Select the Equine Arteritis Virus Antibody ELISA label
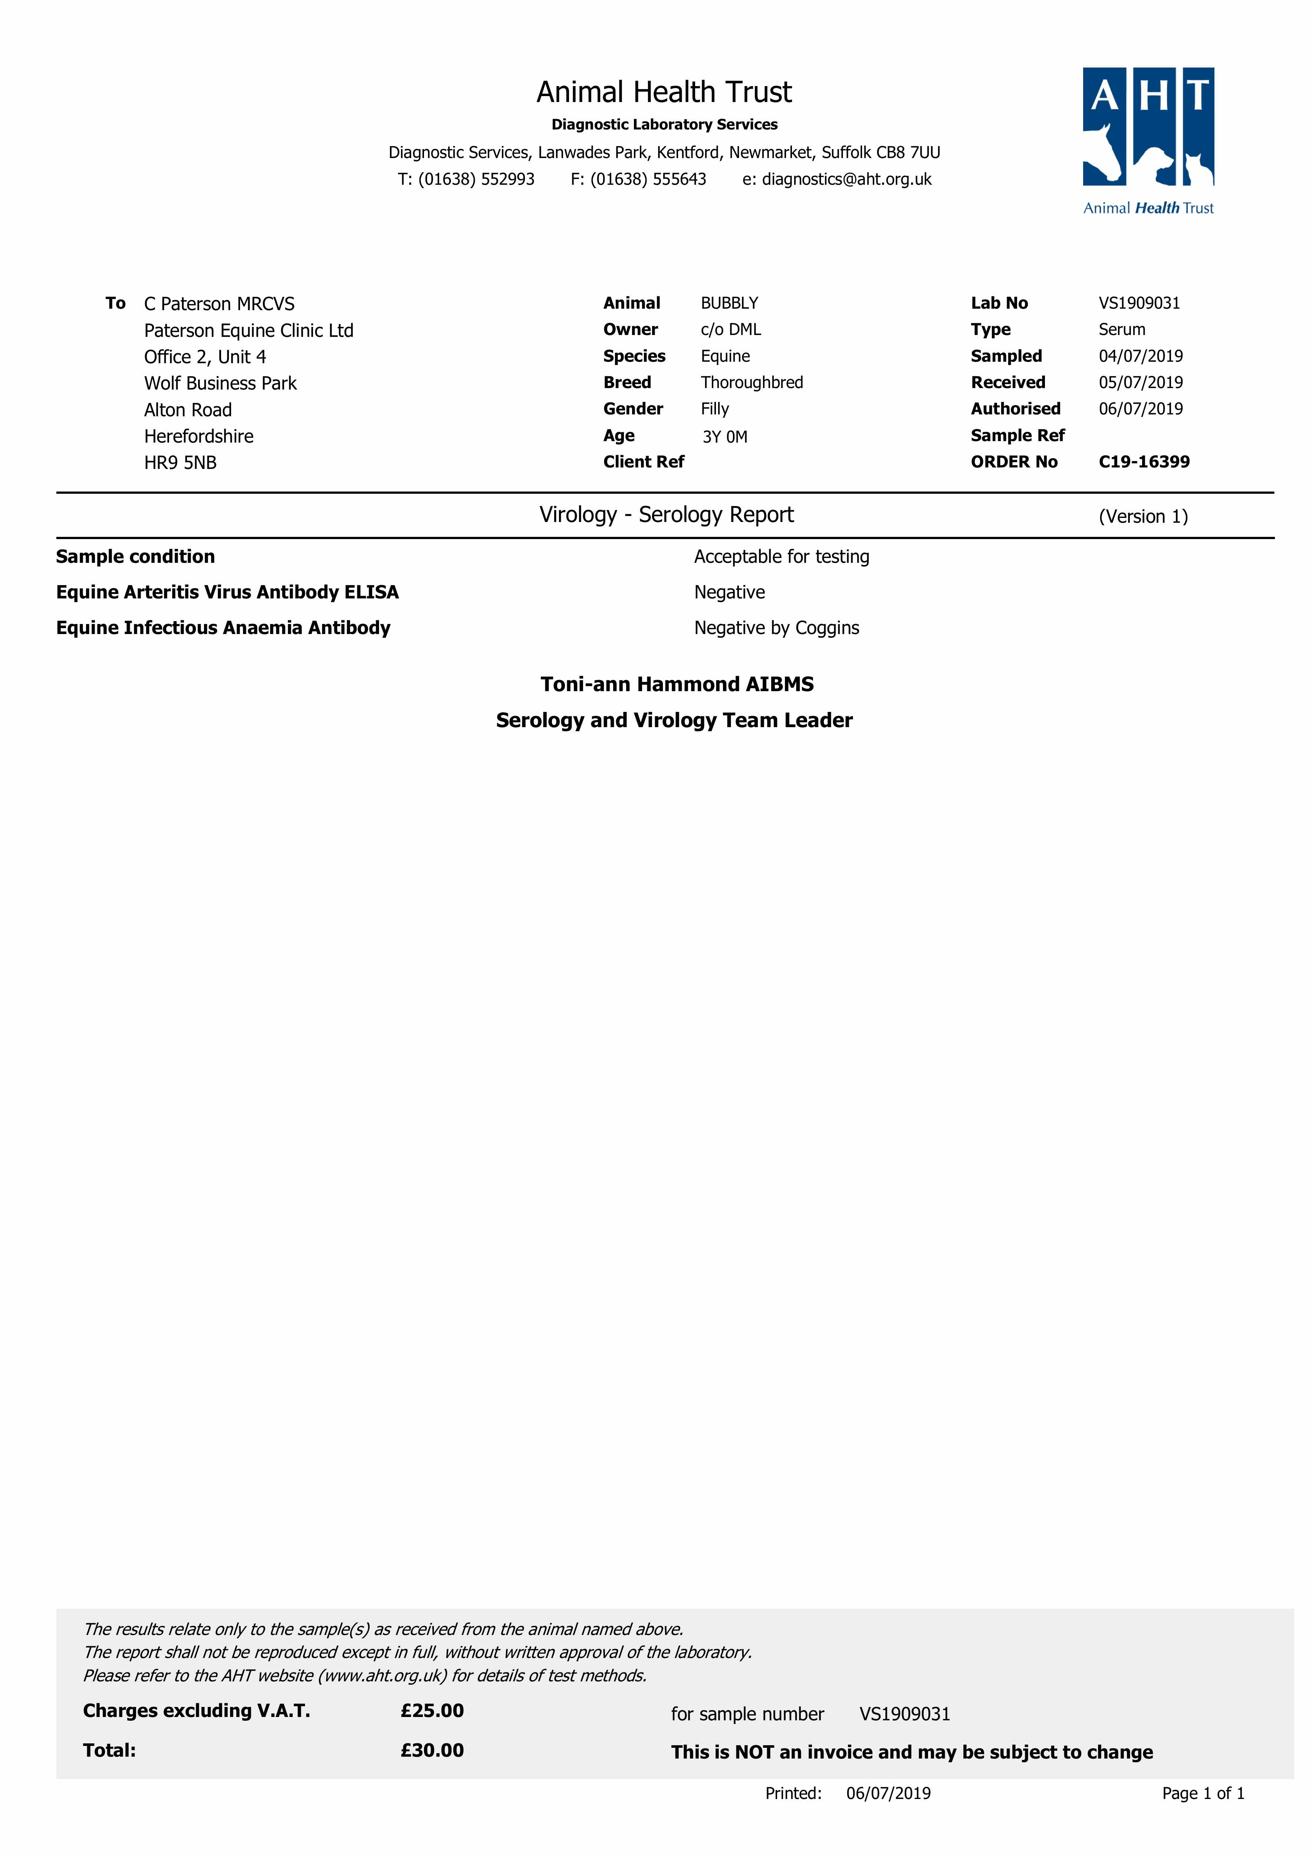[x=227, y=592]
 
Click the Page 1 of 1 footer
[x=1202, y=1793]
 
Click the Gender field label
[x=632, y=409]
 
